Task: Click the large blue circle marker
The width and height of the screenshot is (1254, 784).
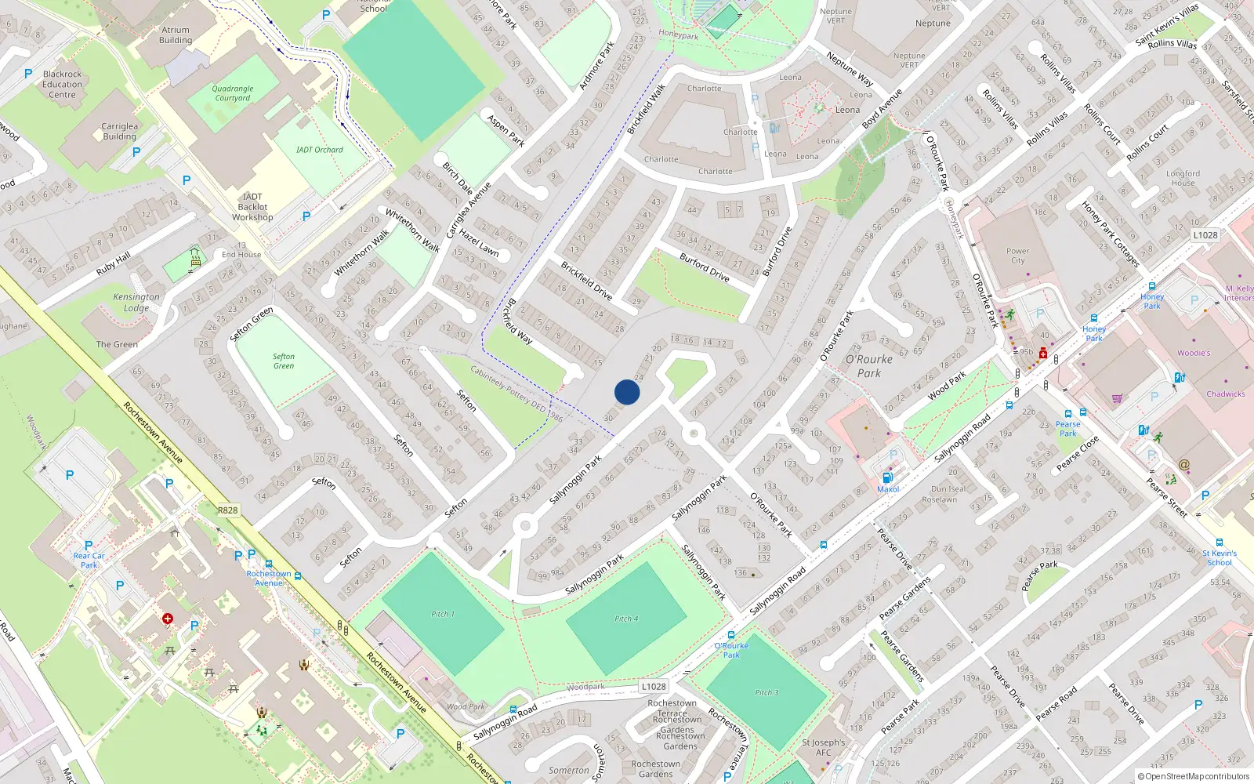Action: tap(627, 392)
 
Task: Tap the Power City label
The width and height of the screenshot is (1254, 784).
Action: tap(1017, 256)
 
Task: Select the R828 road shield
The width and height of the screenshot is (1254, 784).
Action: tap(227, 510)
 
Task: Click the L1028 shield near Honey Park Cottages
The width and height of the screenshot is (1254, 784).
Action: tap(1205, 234)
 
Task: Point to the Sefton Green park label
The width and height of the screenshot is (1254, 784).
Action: tap(284, 361)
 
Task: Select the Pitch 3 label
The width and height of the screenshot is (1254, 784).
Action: tap(767, 692)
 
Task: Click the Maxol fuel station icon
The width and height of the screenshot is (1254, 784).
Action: tap(887, 477)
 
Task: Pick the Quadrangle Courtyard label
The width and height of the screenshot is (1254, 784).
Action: tap(233, 93)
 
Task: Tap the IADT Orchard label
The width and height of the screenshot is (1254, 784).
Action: tap(319, 150)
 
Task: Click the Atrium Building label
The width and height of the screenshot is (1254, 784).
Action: tap(176, 35)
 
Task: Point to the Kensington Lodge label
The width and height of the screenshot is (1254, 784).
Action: tap(136, 303)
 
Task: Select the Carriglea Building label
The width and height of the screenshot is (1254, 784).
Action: tap(119, 131)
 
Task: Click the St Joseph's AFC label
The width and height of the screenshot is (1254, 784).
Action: tap(823, 747)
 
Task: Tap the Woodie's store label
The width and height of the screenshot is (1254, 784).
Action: tap(1193, 353)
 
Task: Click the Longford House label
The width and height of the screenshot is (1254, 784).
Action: tap(1183, 178)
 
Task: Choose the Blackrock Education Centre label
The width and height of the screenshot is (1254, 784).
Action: tap(63, 85)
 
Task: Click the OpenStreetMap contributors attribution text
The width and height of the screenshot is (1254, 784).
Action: tap(1197, 776)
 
